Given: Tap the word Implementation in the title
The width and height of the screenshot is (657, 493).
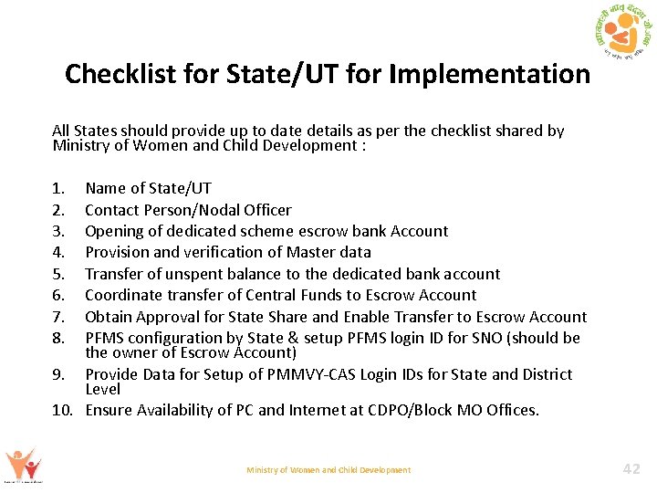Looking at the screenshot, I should click(489, 74).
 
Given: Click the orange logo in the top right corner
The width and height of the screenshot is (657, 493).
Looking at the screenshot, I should click(621, 37).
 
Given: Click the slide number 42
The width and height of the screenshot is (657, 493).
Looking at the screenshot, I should click(631, 469).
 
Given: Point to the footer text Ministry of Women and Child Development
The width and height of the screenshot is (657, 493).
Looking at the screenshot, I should click(328, 470).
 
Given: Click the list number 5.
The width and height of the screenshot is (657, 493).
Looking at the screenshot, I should click(58, 274).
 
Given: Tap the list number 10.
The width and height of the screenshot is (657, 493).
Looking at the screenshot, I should click(62, 410).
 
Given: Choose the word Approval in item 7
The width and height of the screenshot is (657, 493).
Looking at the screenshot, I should click(170, 317).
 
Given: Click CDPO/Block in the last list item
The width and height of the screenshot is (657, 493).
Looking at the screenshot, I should click(418, 410).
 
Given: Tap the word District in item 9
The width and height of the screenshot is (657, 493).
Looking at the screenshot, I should click(544, 374).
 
